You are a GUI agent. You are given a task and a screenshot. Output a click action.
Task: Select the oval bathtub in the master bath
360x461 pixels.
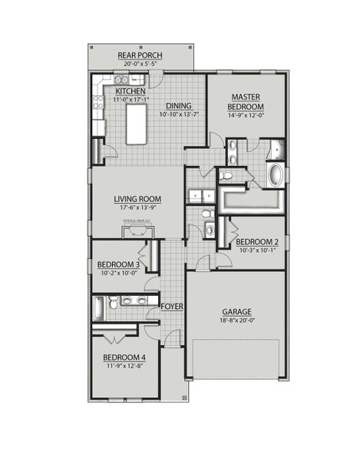click(274, 174)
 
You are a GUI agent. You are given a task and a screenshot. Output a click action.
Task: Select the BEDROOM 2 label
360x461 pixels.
click(256, 240)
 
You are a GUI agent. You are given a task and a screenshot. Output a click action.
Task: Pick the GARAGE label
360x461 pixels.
click(237, 311)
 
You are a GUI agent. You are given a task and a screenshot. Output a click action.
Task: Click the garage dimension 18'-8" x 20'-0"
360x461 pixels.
click(237, 320)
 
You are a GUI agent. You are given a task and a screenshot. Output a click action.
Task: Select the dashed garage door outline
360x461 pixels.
click(237, 360)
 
